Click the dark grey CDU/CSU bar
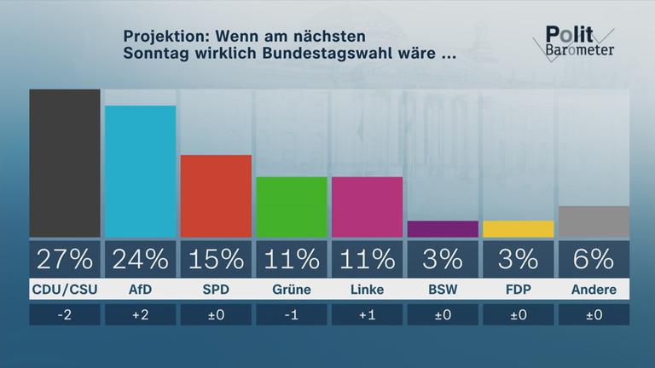point(65,163)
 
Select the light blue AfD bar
point(140,171)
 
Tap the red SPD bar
point(216,196)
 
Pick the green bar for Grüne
point(291,207)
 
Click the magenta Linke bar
point(367,207)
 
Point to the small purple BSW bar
point(442,229)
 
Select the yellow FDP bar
point(518,229)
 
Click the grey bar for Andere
point(593,221)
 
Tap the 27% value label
point(65,258)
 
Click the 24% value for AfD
point(140,258)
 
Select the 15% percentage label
point(216,258)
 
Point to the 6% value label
point(593,258)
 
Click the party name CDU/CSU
point(65,290)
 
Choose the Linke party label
point(367,290)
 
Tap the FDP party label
point(518,290)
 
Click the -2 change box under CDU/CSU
point(65,315)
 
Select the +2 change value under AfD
point(140,315)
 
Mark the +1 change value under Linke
point(367,315)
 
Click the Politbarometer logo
point(578,42)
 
